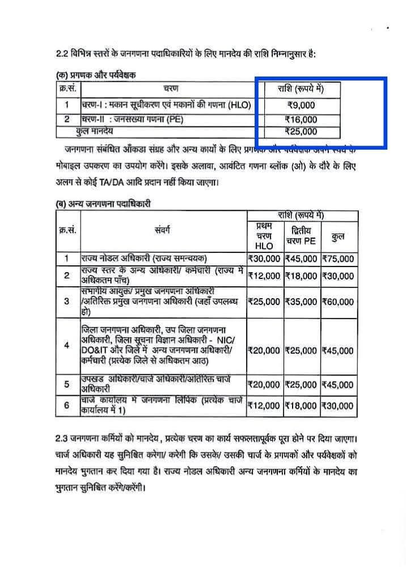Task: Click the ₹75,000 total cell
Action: tap(338, 259)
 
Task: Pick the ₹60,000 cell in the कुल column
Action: tap(338, 302)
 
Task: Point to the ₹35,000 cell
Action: tap(301, 302)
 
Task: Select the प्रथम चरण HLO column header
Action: tap(264, 236)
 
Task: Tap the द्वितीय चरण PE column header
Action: tap(301, 236)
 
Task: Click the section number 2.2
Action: tap(62, 54)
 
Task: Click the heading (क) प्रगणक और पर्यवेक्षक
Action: tap(96, 74)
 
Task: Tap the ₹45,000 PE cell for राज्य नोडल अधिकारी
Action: tap(301, 259)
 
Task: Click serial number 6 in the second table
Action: tap(66, 405)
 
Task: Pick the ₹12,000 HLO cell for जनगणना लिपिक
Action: tap(264, 405)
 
